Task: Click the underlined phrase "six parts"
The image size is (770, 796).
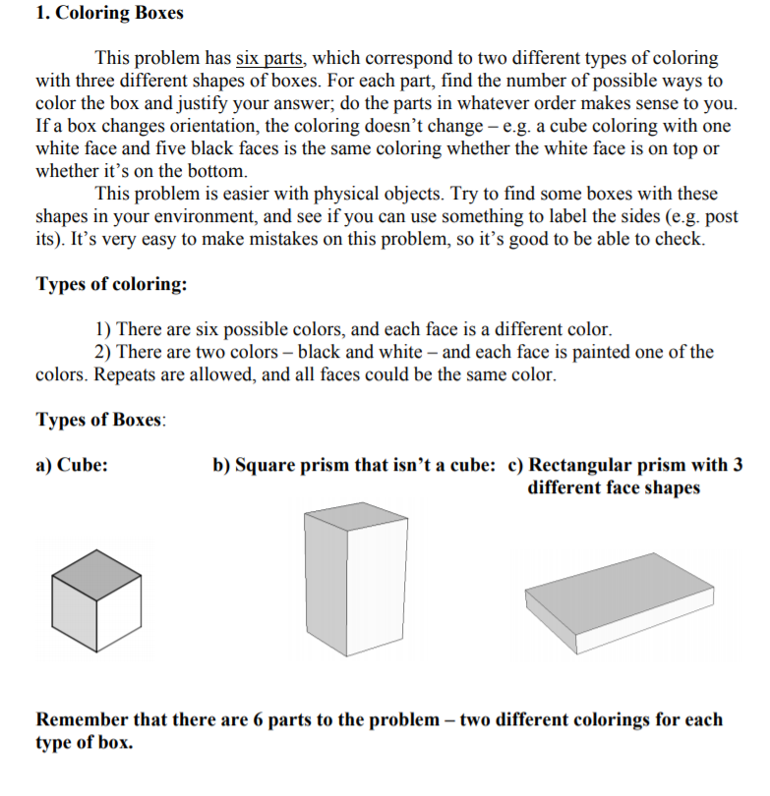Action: [269, 59]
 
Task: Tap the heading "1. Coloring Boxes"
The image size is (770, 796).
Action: [109, 14]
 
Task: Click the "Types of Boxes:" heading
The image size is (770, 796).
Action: [100, 420]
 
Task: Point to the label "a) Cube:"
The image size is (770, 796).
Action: [72, 466]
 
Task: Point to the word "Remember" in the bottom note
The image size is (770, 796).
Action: [81, 720]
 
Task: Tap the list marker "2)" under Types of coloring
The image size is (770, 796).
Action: [103, 352]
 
